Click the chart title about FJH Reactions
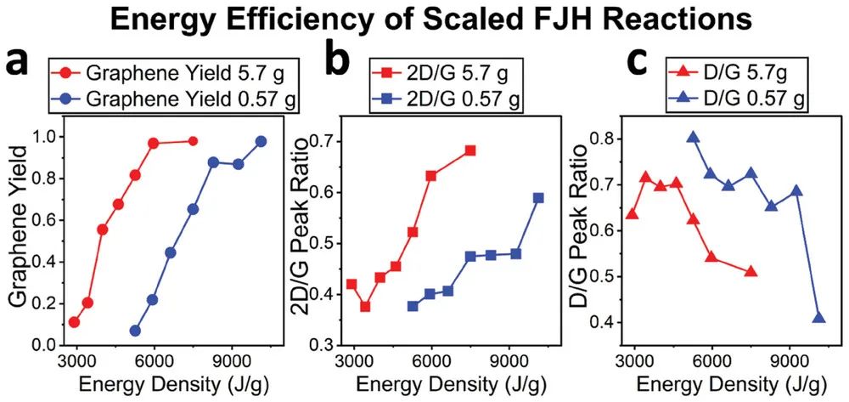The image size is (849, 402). click(x=424, y=19)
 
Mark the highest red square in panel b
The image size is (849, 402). click(x=469, y=150)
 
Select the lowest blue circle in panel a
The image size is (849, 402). click(x=135, y=331)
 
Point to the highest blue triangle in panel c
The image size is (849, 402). click(x=693, y=138)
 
